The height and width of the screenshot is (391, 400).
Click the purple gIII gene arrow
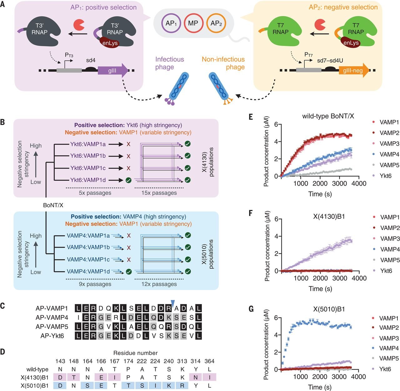113,71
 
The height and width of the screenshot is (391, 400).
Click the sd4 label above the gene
91,60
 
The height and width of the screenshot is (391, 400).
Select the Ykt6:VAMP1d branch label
88,180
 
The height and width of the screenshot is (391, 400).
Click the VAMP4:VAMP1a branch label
88,236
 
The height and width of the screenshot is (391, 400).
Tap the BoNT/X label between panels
53,205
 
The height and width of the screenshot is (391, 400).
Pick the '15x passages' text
159,193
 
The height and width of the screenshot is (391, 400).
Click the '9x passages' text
95,284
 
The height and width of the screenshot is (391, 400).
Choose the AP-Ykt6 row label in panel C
52,336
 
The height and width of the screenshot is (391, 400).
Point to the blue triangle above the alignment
173,303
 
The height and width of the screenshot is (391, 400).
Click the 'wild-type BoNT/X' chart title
328,116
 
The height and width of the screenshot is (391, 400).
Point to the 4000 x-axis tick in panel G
359,377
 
